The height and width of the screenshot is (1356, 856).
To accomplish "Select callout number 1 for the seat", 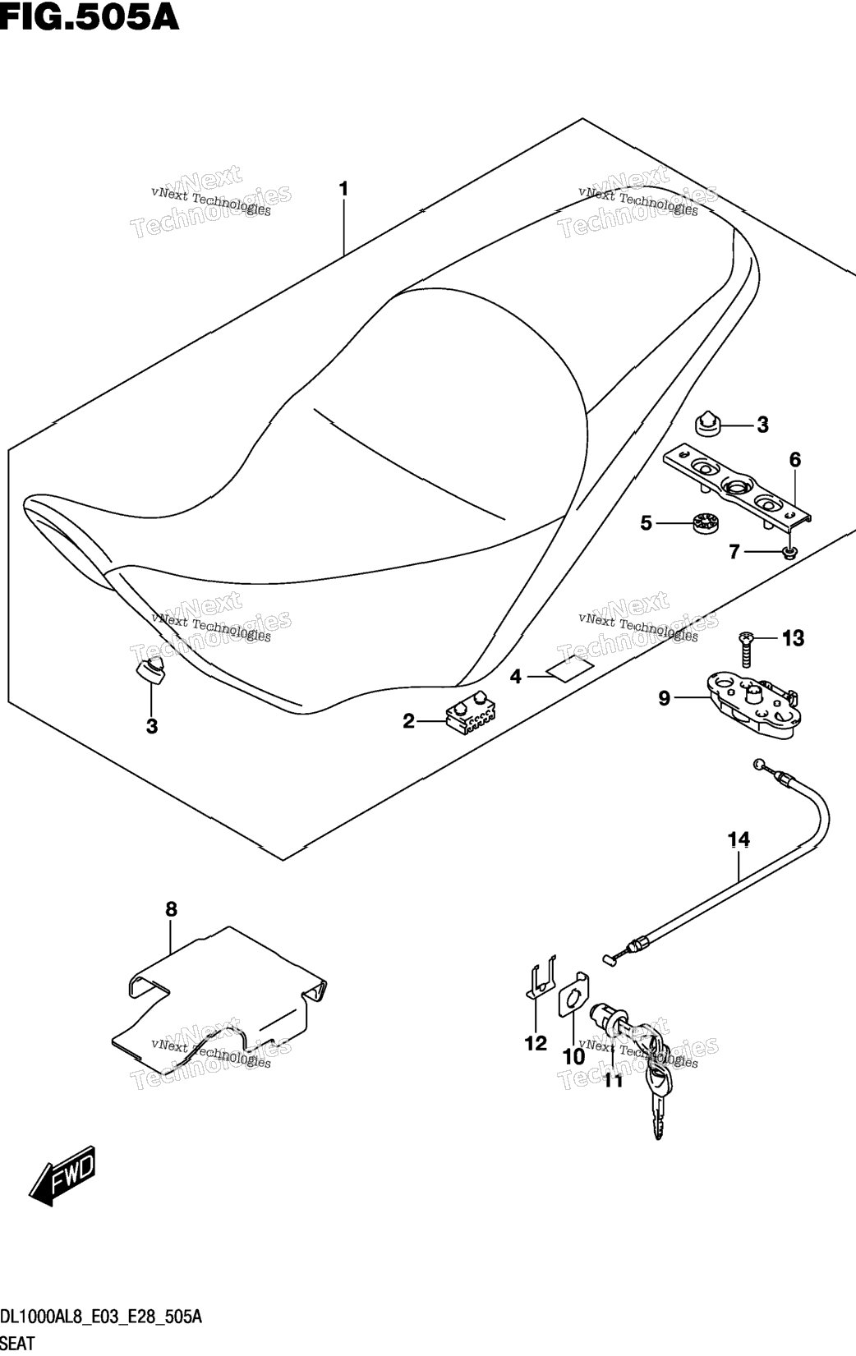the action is [343, 190].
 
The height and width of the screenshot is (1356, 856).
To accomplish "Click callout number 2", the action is [408, 721].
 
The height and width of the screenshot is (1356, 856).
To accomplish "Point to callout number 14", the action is [739, 839].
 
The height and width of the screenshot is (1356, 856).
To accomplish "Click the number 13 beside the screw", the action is [793, 638].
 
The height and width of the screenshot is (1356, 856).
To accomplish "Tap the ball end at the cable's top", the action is [759, 764].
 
